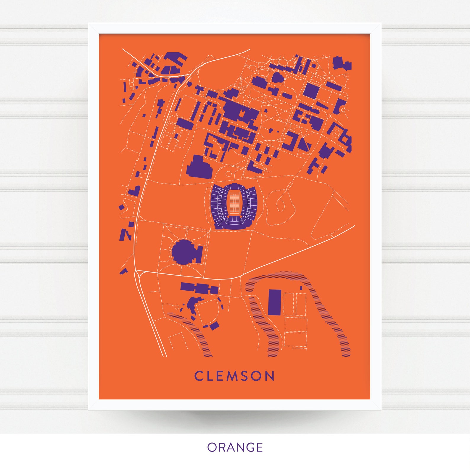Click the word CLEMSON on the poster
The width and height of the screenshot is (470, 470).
234,376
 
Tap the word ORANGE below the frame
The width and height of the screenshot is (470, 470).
235,447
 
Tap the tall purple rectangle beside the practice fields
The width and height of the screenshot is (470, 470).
274,302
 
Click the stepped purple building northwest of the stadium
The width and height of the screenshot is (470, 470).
199,167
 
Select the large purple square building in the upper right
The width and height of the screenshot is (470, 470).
311,91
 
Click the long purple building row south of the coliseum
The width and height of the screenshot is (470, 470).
199,288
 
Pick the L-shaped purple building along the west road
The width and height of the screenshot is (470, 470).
135,191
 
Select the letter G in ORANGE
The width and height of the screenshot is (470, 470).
248,447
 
